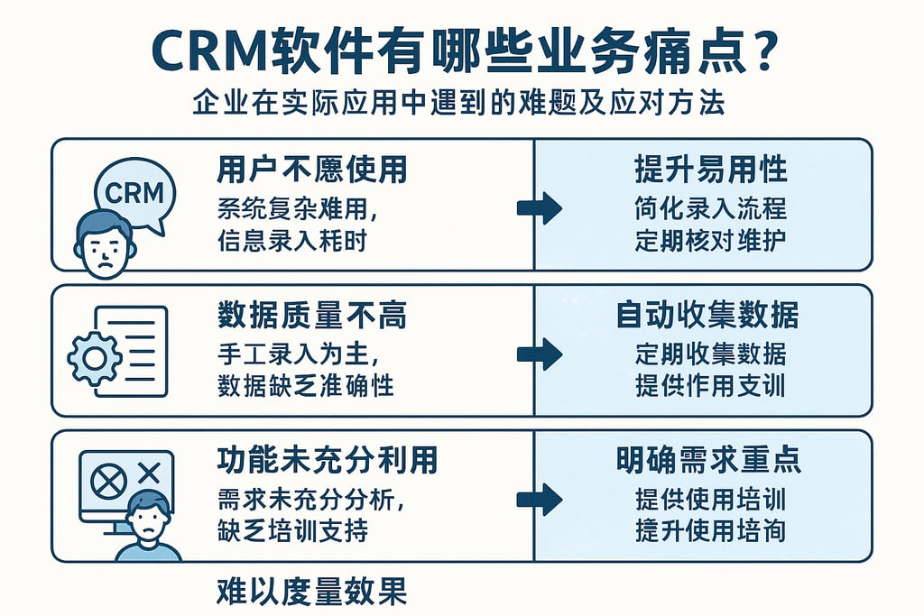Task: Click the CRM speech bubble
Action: click(135, 191)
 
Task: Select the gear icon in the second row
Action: click(94, 358)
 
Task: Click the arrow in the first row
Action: click(540, 207)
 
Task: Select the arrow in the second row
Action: click(540, 354)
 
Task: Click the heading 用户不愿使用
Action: click(311, 169)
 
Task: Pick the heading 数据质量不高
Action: click(311, 314)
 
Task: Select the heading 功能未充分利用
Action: click(327, 460)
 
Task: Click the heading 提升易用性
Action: click(710, 169)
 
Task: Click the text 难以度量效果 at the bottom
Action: click(311, 592)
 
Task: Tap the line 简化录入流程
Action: click(710, 208)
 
